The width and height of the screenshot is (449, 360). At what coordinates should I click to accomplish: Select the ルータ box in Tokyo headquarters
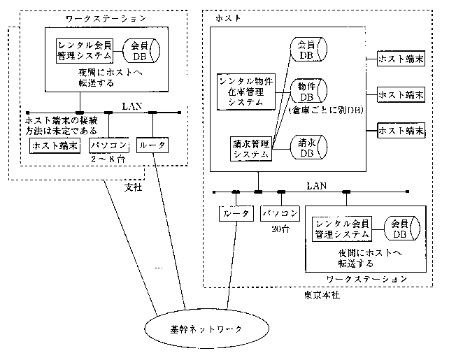(x=235, y=212)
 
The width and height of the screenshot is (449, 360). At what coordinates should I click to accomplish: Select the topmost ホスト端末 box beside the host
(x=401, y=58)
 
